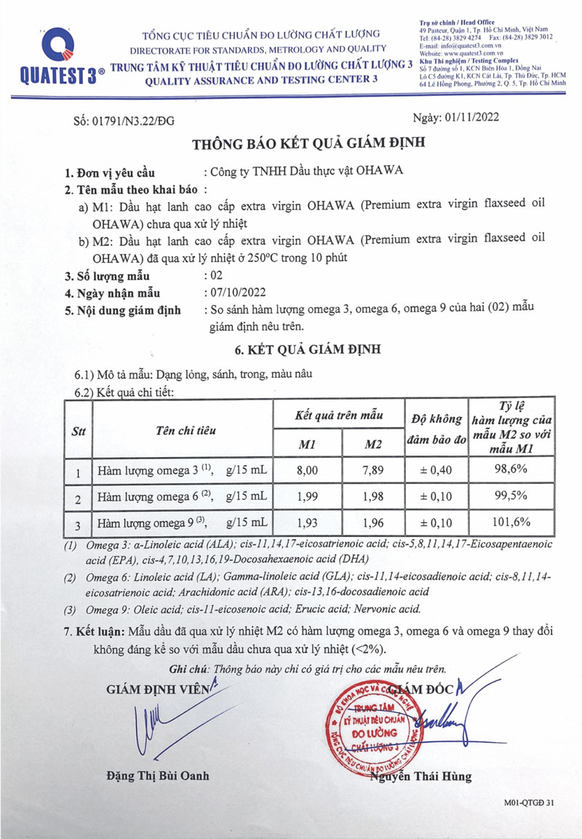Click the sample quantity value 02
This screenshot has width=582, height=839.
point(216,275)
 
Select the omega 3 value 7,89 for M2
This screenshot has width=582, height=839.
point(372,470)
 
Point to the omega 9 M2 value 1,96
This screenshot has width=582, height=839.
point(372,522)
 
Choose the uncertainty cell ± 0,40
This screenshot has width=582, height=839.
point(434,470)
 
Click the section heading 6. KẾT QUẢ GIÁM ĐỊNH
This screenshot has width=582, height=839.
point(301,349)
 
